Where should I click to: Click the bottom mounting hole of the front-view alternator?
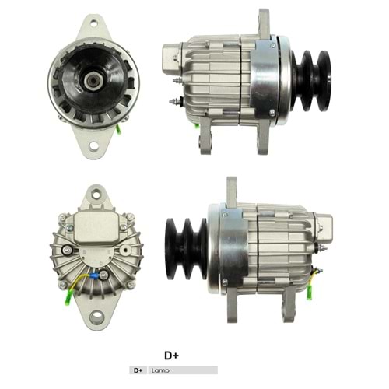click(95, 145)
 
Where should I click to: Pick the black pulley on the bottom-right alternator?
click(186, 244)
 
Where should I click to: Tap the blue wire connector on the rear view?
click(94, 274)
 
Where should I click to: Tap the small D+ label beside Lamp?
click(138, 370)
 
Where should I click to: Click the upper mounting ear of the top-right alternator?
click(263, 22)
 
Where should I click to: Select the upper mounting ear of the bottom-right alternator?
click(231, 190)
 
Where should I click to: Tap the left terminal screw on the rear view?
click(72, 250)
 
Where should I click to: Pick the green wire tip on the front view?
click(118, 129)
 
